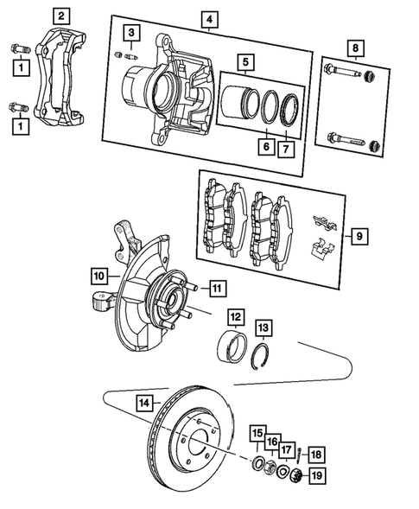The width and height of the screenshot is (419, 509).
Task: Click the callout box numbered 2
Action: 60,15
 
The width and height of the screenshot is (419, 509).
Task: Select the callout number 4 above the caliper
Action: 208,18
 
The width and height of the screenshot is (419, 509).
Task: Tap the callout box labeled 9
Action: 359,234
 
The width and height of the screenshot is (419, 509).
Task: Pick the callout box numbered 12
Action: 236,316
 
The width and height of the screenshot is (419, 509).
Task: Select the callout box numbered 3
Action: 130,34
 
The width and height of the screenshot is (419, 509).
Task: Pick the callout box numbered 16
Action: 272,442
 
